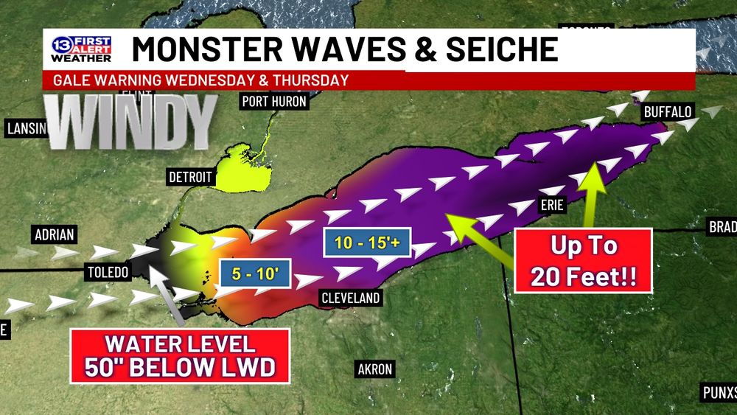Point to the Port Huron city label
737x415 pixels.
(273, 102)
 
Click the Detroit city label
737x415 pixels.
(190, 178)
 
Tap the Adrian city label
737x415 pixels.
(55, 236)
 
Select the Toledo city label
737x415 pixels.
(108, 272)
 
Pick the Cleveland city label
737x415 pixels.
(351, 298)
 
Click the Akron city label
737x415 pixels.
(374, 369)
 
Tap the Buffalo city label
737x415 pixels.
(668, 112)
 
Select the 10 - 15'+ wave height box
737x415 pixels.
(365, 243)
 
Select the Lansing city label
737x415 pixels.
(25, 129)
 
